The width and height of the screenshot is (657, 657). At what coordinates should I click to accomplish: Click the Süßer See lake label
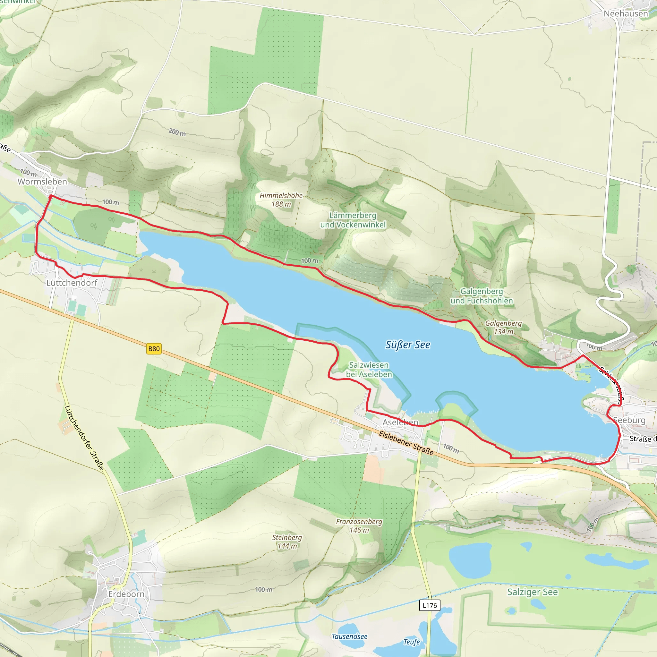coord(407,345)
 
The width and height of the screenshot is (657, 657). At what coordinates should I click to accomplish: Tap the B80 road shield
coord(154,349)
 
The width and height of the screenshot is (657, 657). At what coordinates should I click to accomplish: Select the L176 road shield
coord(430,605)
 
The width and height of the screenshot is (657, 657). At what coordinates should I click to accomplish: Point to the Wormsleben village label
coord(43,182)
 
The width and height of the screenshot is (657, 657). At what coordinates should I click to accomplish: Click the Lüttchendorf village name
coord(72,283)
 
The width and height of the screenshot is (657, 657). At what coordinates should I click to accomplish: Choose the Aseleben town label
coord(400,422)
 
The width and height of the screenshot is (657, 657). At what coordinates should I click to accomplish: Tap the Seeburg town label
coord(629,420)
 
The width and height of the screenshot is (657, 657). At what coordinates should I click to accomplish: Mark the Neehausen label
coord(626,13)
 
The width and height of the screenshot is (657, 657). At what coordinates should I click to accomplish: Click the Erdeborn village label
coord(126,594)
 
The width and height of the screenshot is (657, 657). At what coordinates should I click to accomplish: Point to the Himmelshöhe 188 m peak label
coord(281,200)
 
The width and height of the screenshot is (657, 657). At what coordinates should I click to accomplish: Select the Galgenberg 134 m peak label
coord(503,327)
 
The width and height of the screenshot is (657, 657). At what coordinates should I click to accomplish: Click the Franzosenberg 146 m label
coord(359,526)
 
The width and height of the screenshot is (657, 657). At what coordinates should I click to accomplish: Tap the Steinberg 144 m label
coord(287,542)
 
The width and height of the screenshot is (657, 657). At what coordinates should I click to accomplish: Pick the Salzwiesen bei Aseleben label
coord(369,370)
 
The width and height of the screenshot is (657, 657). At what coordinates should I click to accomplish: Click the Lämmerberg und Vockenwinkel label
coord(353,220)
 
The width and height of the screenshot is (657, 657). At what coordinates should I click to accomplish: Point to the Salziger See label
coord(533,592)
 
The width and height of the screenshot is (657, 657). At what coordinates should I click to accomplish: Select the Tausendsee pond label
coord(349,636)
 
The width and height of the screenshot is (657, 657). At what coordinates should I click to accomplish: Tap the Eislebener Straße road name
coord(406,443)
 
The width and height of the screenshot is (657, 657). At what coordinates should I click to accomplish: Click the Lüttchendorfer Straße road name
coord(84,438)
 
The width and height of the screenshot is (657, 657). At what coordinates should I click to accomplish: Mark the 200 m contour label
coord(177,132)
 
